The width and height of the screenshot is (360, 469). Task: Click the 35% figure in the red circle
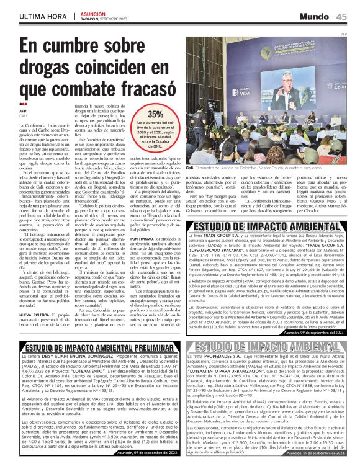(155, 114)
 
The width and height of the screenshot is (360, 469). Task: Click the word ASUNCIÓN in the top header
(93, 12)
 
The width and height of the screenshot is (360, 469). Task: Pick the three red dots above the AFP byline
(23, 104)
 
